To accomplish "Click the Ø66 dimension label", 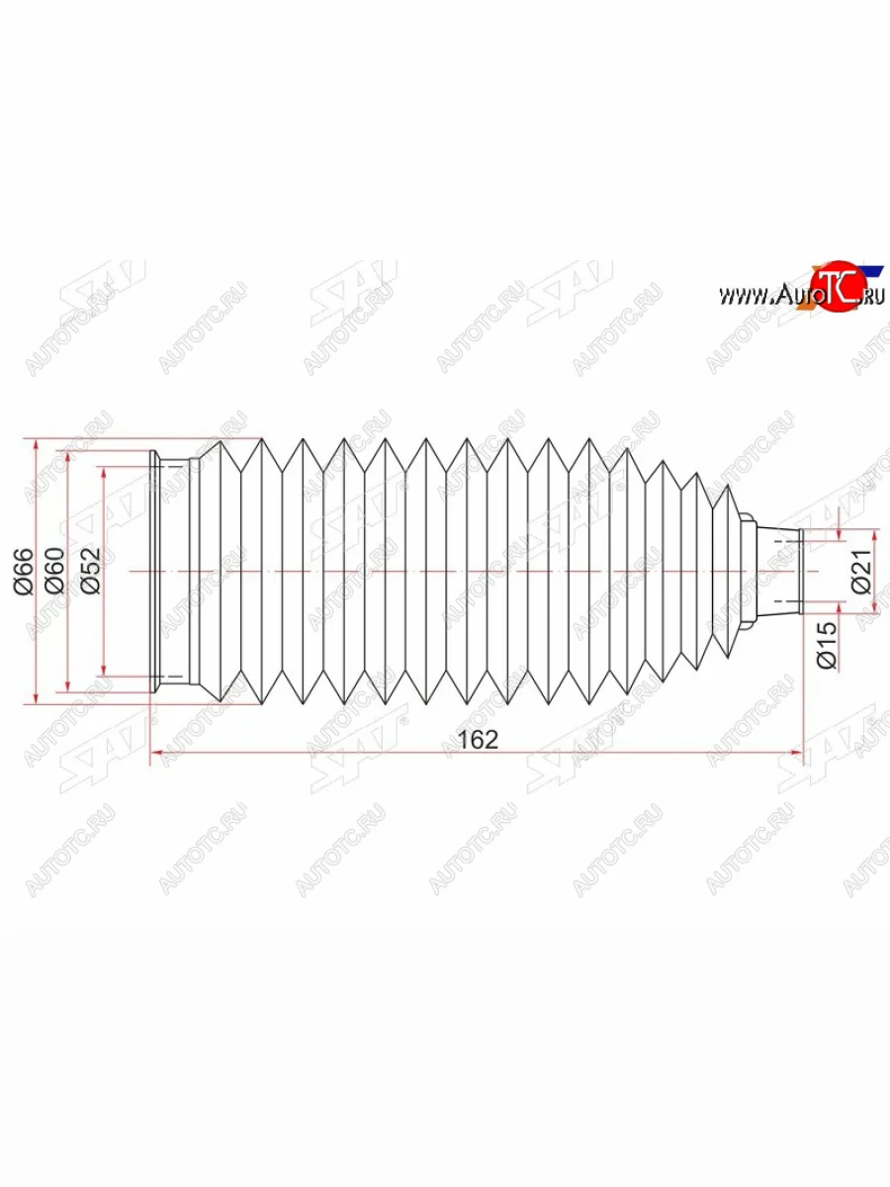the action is click(24, 571).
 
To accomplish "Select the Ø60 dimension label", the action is click(55, 571).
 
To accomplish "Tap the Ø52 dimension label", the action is click(91, 571).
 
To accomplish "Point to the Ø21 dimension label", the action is click(862, 571).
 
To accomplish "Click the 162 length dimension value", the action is click(478, 740).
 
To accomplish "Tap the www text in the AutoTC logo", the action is click(746, 296).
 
